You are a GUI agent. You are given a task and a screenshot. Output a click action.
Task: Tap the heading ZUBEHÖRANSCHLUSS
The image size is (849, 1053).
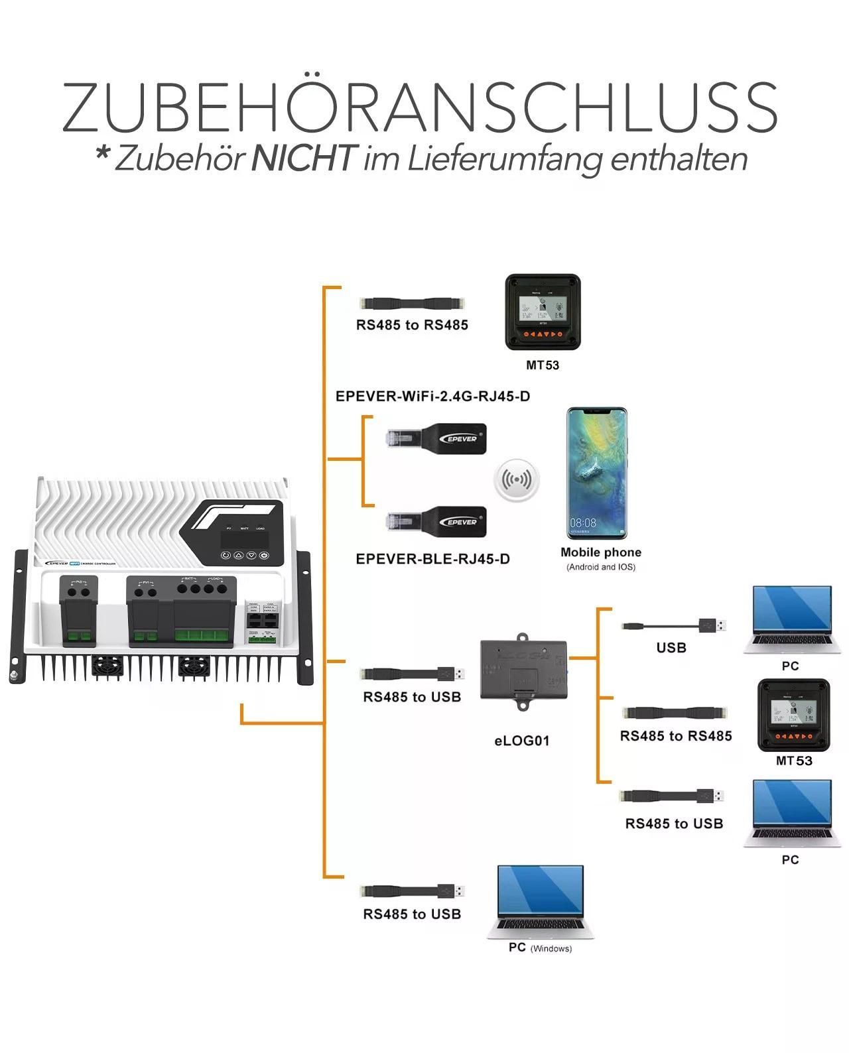pyautogui.click(x=420, y=107)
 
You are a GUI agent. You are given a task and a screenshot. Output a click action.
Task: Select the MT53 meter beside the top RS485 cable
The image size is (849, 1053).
pyautogui.click(x=543, y=312)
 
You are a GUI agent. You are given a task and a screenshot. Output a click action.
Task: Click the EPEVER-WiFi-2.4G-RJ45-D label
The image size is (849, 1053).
pyautogui.click(x=432, y=397)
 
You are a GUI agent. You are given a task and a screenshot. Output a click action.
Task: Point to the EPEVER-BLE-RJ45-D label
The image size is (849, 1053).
pyautogui.click(x=432, y=559)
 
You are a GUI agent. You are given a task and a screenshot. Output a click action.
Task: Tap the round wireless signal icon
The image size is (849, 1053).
pyautogui.click(x=517, y=479)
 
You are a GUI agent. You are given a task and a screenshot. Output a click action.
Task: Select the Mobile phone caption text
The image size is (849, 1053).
pyautogui.click(x=600, y=552)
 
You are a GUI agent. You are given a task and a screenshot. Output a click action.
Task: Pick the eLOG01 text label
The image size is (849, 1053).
pyautogui.click(x=522, y=741)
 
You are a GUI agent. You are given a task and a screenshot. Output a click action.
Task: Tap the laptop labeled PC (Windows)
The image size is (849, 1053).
pyautogui.click(x=540, y=901)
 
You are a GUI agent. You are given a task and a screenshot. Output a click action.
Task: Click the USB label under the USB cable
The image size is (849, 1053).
pyautogui.click(x=671, y=648)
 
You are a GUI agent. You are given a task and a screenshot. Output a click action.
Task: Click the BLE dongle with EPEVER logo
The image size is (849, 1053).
pyautogui.click(x=438, y=521)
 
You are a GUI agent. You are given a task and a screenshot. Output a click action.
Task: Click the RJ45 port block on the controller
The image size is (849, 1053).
pyautogui.click(x=261, y=620)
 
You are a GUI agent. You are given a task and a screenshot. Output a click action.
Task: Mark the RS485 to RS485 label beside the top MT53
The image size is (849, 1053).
pyautogui.click(x=412, y=325)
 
